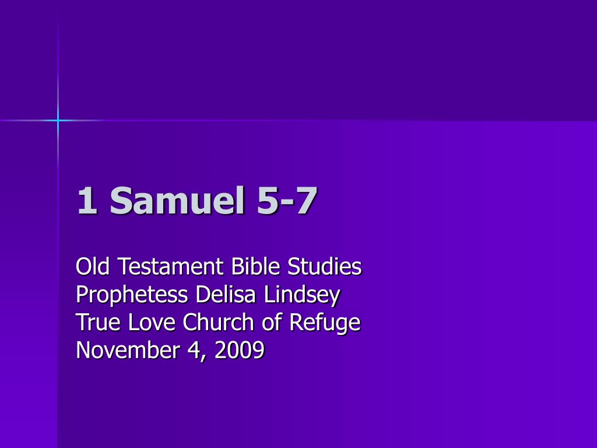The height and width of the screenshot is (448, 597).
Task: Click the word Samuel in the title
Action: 177,201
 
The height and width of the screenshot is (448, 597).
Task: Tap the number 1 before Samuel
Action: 87,201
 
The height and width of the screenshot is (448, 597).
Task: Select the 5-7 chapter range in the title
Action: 287,201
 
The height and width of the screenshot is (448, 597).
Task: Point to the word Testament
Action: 170,266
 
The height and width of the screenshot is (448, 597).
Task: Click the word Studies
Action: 324,266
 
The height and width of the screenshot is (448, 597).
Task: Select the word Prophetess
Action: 132,295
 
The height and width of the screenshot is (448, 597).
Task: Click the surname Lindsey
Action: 301,295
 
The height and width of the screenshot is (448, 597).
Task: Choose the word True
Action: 98,322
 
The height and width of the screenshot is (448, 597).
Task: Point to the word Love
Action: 152,322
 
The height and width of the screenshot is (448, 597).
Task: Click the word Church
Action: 218,322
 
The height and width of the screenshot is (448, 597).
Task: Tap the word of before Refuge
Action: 272,322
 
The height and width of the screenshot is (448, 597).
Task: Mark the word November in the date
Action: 128,350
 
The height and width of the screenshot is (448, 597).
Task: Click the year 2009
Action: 240,350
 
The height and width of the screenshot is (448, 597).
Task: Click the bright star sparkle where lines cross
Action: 58,120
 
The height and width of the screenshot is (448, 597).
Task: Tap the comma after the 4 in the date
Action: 203,358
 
